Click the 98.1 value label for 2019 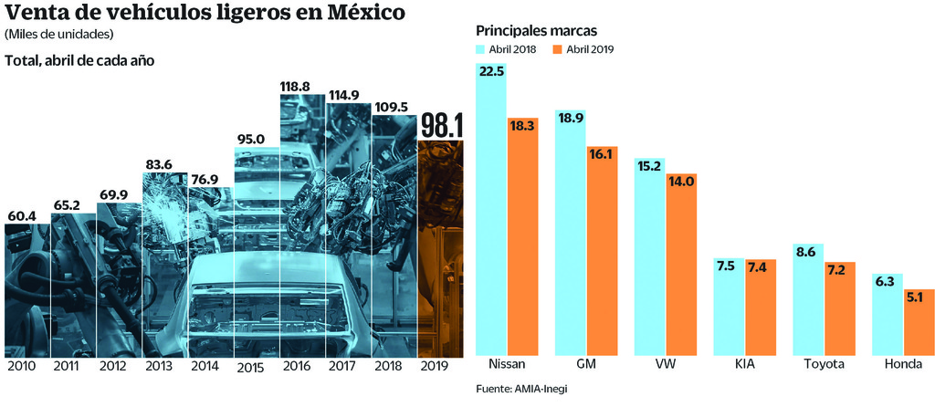click(440, 126)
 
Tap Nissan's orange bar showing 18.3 click(523, 237)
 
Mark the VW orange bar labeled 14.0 click(681, 265)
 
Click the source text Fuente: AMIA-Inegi click(520, 390)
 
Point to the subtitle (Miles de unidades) click(58, 35)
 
